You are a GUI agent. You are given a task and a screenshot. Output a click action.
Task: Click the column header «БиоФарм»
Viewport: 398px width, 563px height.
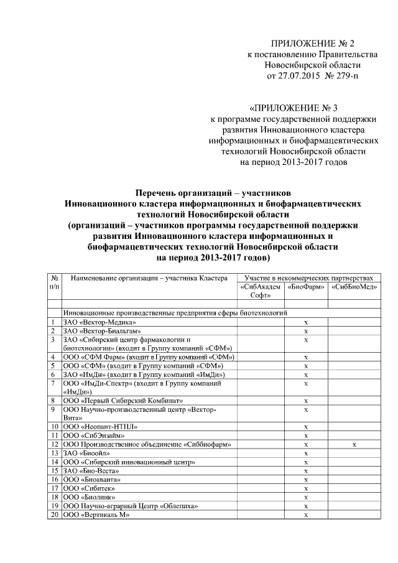(305, 287)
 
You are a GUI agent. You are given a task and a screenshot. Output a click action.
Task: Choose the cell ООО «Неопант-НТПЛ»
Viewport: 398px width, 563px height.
(99, 427)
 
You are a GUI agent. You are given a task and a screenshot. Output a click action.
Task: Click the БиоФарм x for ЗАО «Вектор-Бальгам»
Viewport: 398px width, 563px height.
(305, 331)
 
